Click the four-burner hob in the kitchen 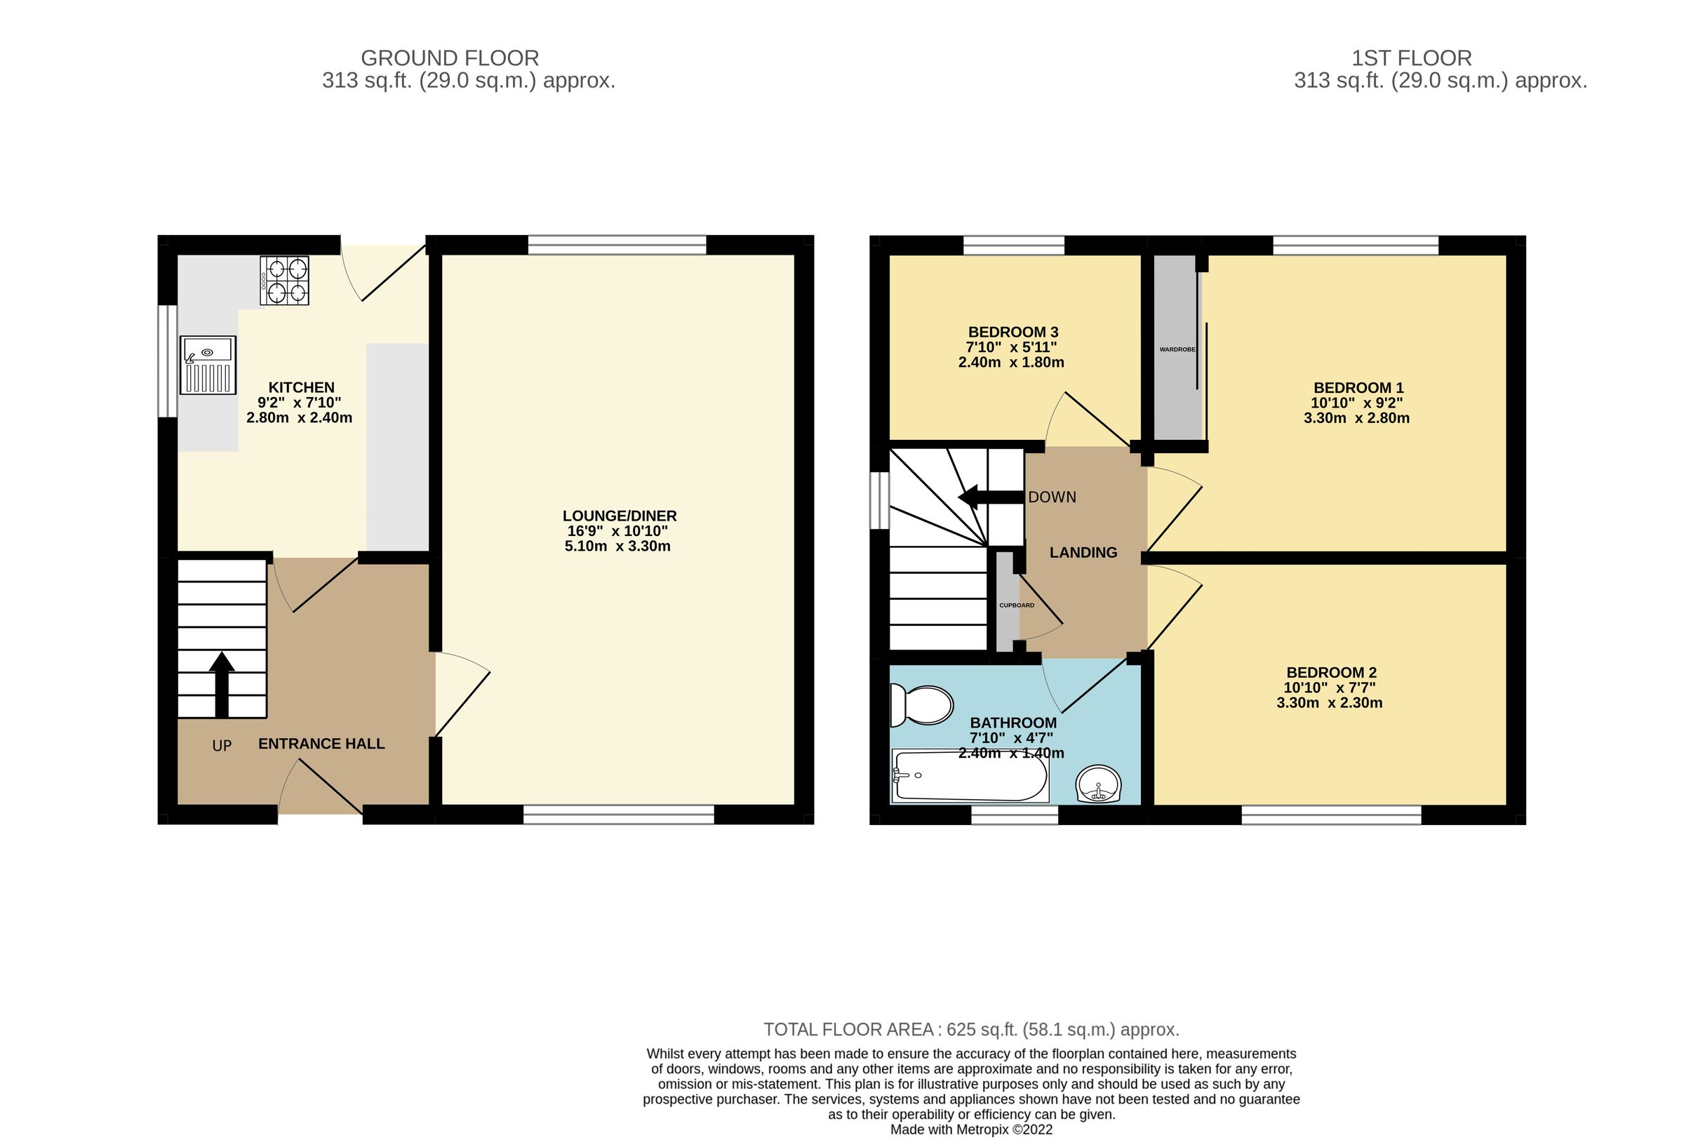pyautogui.click(x=285, y=281)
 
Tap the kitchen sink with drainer pyautogui.click(x=208, y=364)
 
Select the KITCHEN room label pyautogui.click(x=302, y=387)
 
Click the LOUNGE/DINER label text pyautogui.click(x=620, y=516)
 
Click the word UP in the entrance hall pyautogui.click(x=222, y=745)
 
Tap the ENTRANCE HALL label pyautogui.click(x=321, y=743)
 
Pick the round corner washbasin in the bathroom pyautogui.click(x=1099, y=784)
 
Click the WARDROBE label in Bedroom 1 pyautogui.click(x=1177, y=349)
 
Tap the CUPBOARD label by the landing pyautogui.click(x=1016, y=605)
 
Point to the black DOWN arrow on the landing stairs pyautogui.click(x=989, y=497)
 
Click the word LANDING pyautogui.click(x=1083, y=553)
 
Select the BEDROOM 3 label pyautogui.click(x=1013, y=332)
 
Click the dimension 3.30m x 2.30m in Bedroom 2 pyautogui.click(x=1329, y=702)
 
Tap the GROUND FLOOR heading pyautogui.click(x=449, y=58)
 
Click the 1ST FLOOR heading pyautogui.click(x=1411, y=58)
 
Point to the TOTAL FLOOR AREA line pyautogui.click(x=971, y=1029)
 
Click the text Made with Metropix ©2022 pyautogui.click(x=971, y=1130)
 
